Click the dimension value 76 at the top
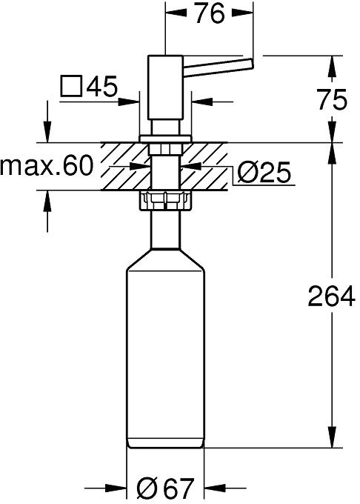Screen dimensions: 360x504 (210, 13)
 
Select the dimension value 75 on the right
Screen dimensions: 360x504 (332, 99)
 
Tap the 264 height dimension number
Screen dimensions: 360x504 (331, 296)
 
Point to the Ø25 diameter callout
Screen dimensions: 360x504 (264, 172)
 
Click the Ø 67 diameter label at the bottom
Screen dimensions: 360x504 (165, 488)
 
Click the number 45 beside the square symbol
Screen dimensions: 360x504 (102, 86)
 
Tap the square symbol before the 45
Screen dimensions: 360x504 (71, 86)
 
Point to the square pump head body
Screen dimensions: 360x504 (165, 87)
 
